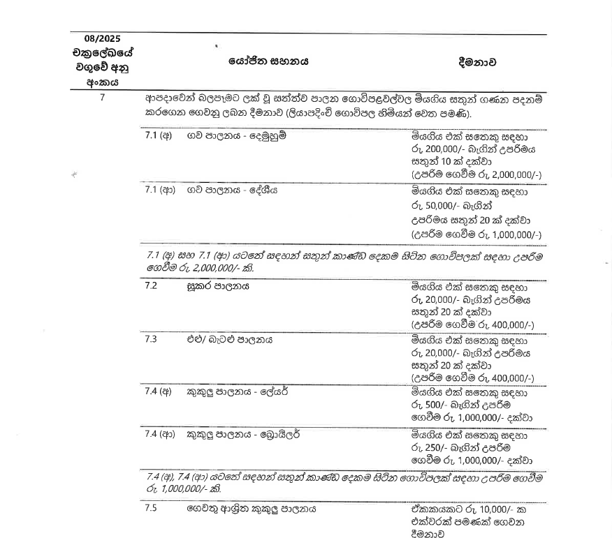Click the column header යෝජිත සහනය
[x=268, y=61]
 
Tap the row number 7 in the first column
[x=102, y=98]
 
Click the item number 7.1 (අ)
[x=158, y=135]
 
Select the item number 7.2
[x=151, y=285]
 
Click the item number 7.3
[x=151, y=340]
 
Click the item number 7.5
[x=151, y=509]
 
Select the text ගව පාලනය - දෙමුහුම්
[x=236, y=135]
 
